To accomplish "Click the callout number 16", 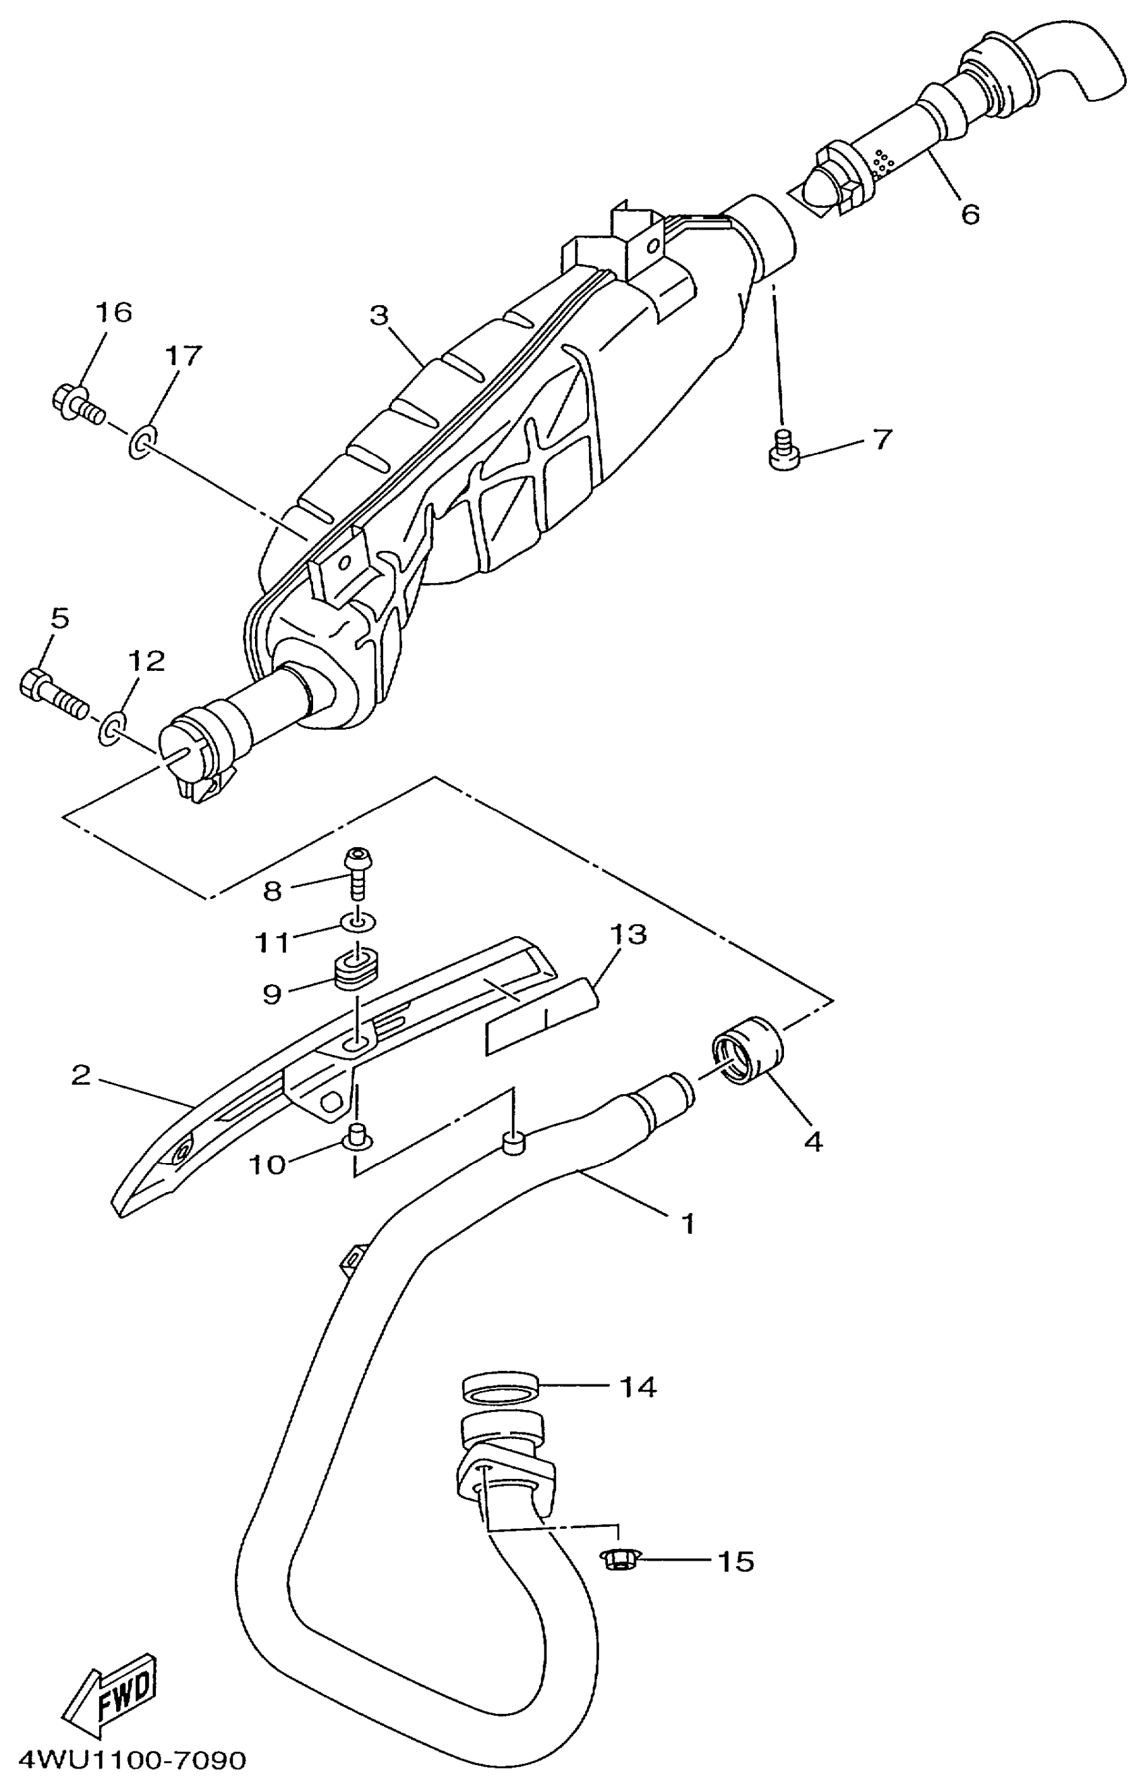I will tap(113, 312).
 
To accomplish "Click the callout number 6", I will tap(970, 214).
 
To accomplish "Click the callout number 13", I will tap(628, 934).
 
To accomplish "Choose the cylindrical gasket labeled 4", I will tap(747, 1050).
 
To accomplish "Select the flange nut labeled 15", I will tap(617, 1559).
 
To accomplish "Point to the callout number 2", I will tap(80, 1075).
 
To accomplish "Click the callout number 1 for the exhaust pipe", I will tap(688, 1222).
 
